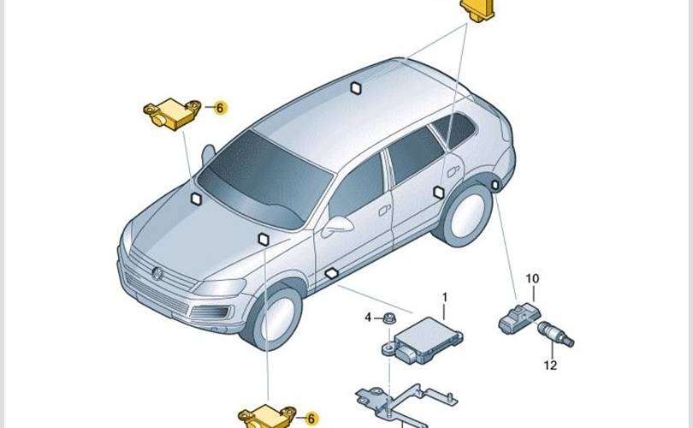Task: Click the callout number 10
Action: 532,278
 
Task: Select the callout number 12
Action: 550,366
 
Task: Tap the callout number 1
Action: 445,297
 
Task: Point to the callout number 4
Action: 368,317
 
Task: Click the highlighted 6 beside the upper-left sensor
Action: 220,108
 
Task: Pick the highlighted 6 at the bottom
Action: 311,419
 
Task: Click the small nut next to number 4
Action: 388,318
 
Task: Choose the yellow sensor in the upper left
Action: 172,114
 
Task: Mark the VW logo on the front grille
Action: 157,274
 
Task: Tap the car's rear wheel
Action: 465,215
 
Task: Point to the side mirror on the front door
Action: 337,226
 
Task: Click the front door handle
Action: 384,211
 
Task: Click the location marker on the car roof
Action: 356,88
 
